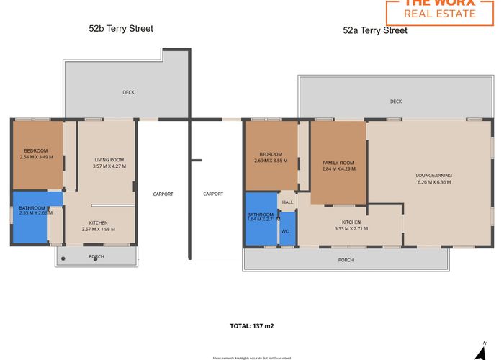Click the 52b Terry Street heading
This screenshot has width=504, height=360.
pos(121,29)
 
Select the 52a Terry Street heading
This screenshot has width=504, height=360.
pos(375,30)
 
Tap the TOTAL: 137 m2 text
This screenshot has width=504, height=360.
pos(252,326)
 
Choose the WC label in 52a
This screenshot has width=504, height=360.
pos(285,231)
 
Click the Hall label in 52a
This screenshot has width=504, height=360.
pos(288,202)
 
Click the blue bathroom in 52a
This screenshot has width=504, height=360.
pos(261,220)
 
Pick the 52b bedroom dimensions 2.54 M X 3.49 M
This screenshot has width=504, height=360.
pos(37,157)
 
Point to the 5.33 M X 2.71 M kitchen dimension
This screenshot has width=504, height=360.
pos(351,228)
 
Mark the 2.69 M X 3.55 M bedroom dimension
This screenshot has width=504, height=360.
pos(271,160)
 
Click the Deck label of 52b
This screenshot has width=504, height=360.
pos(128,92)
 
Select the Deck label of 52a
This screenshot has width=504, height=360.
pos(395,102)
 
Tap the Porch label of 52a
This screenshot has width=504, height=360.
pos(346,260)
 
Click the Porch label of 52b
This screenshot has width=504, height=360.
pos(96,256)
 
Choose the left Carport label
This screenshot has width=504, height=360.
pos(163,194)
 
